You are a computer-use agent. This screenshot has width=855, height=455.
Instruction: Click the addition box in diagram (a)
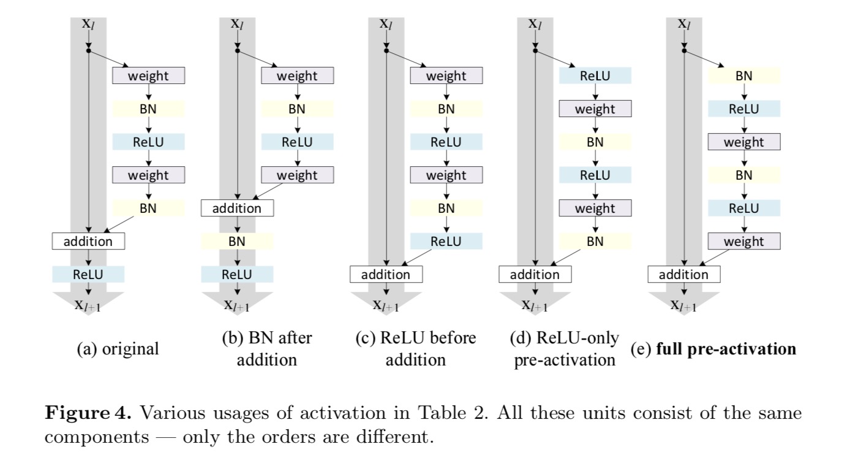point(88,241)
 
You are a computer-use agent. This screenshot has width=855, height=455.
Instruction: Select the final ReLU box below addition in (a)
point(88,274)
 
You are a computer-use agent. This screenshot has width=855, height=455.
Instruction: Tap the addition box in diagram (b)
point(237,208)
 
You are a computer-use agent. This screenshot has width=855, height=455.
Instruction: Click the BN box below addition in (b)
point(237,241)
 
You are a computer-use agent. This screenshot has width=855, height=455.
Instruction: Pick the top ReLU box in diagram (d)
point(595,76)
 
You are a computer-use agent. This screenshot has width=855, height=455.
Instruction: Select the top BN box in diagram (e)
point(744,76)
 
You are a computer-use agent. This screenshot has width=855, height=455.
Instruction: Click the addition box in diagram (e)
point(684,274)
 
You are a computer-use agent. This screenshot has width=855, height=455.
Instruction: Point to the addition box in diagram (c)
point(386,274)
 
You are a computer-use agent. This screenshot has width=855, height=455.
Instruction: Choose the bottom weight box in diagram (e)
point(744,241)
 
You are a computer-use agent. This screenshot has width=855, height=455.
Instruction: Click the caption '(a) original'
point(117,349)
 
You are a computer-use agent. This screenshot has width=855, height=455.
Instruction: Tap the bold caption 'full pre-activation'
point(726,349)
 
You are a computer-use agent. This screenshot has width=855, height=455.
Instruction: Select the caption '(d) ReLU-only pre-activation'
point(564,348)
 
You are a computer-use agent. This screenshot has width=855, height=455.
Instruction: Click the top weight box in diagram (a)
point(148,76)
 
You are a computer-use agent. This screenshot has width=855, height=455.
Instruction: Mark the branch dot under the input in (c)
point(386,51)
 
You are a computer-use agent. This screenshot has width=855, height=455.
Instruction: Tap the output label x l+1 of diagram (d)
point(535,305)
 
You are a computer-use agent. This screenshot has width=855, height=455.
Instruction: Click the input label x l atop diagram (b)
point(237,24)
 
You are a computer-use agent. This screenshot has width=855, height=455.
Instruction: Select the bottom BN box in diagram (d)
point(595,241)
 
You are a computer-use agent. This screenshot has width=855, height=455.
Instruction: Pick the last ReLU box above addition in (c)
point(446,241)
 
